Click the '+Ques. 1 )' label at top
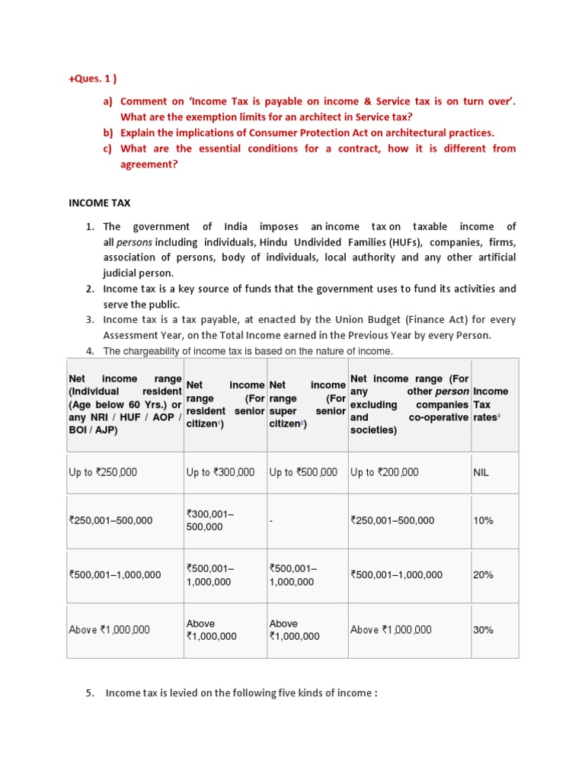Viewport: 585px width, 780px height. pyautogui.click(x=93, y=77)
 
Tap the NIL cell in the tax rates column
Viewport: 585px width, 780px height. pyautogui.click(x=481, y=472)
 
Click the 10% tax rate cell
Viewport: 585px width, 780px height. pyautogui.click(x=483, y=520)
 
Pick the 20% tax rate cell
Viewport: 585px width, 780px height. pyautogui.click(x=483, y=575)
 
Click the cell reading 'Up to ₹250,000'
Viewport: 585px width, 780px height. pyautogui.click(x=103, y=472)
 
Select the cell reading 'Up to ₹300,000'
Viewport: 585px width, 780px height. pyautogui.click(x=220, y=472)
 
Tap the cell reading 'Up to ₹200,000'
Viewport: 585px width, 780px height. pyautogui.click(x=384, y=472)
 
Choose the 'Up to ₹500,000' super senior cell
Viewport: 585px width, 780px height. pyautogui.click(x=303, y=472)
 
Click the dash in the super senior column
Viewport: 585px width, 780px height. pyautogui.click(x=271, y=521)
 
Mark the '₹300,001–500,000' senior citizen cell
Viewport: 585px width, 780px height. pyautogui.click(x=210, y=521)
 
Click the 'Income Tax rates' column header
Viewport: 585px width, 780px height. pyautogui.click(x=491, y=404)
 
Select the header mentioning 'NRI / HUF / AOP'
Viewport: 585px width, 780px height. pyautogui.click(x=125, y=404)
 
